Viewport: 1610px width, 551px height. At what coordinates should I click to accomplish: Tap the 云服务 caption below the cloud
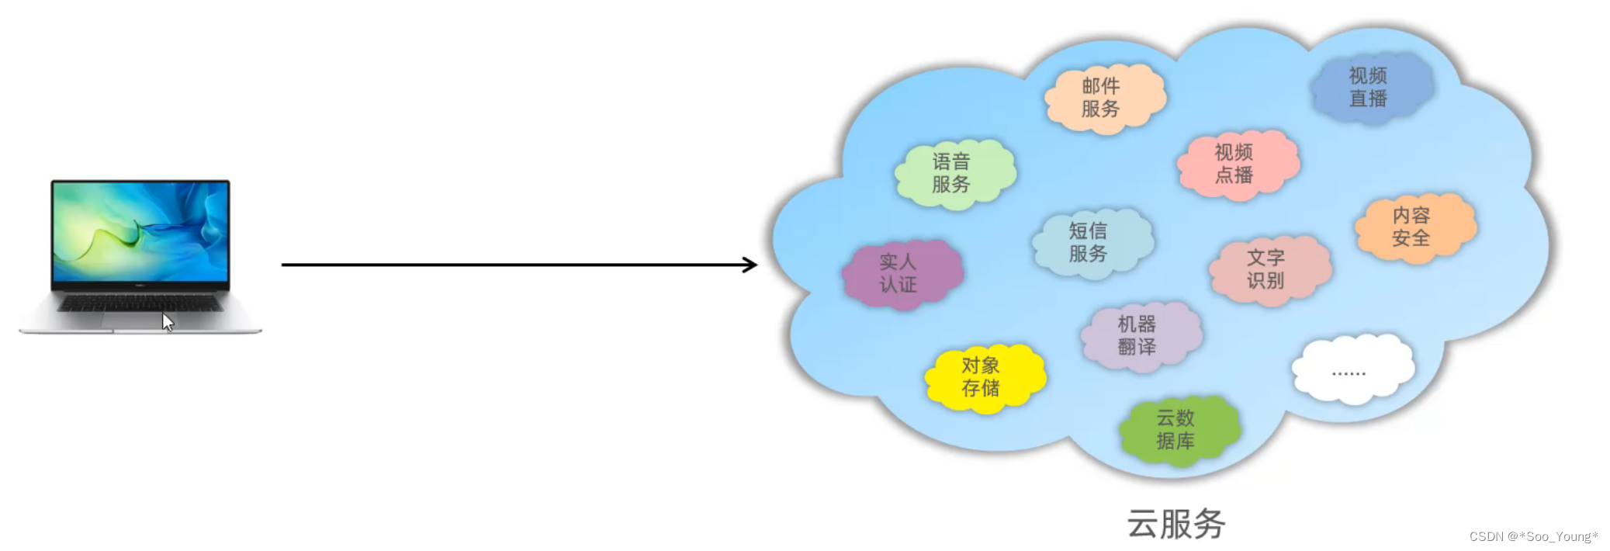point(1175,524)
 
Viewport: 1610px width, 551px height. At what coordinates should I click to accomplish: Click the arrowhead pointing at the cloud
point(750,265)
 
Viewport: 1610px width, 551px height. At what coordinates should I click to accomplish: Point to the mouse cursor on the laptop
point(167,322)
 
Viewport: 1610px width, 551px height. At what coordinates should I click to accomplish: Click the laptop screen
point(140,231)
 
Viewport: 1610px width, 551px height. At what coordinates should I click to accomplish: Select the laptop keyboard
point(140,303)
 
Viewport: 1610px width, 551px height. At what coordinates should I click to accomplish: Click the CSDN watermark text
point(1533,536)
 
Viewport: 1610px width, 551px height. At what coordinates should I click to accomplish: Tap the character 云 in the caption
point(1143,524)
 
